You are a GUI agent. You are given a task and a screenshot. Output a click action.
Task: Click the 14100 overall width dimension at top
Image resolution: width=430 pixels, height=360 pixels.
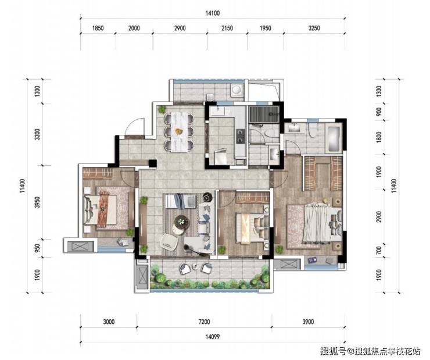pos(213,13)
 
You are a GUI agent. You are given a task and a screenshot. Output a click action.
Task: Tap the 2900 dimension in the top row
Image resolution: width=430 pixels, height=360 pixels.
pos(180,28)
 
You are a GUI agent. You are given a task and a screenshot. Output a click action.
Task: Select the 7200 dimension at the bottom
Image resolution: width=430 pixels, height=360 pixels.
pos(205,322)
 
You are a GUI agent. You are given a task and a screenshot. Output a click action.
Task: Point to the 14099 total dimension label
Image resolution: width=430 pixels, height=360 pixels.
pos(213,337)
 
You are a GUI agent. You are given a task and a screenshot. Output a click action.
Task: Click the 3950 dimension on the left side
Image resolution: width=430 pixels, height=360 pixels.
pos(38,202)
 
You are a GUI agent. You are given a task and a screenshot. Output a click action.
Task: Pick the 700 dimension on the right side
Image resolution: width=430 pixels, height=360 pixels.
pos(379,251)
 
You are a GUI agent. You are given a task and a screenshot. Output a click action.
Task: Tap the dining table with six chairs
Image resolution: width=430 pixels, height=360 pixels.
pos(179,131)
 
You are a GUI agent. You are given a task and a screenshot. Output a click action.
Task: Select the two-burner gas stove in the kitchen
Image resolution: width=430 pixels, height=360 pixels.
pos(241,136)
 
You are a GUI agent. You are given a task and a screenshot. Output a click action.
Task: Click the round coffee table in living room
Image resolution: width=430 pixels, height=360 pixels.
pos(181,220)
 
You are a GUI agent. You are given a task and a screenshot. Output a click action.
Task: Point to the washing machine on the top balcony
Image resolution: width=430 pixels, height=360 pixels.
pos(236,89)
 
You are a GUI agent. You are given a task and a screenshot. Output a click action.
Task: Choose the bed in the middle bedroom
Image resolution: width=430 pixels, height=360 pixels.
pos(252,229)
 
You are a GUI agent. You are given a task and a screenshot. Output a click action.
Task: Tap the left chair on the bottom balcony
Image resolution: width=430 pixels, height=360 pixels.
pos(185,268)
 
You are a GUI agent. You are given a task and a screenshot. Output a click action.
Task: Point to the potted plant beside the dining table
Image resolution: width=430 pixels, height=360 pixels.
pos(162,109)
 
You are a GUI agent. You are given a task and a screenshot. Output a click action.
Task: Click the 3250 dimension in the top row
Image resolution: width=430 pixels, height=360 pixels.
pos(314,28)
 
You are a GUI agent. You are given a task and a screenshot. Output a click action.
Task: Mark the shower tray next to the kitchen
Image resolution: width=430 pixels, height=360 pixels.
pos(264,115)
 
